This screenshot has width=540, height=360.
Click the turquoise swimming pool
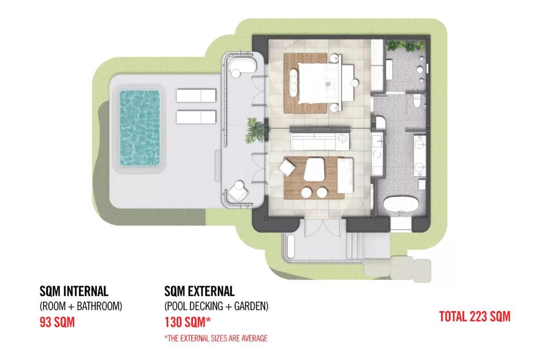139,128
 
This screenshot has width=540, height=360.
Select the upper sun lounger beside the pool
196,96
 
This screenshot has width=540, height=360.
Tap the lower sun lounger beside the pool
196,116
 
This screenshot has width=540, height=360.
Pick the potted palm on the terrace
255,130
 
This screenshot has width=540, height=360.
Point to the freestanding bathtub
399,204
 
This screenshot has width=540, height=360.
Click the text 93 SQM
57,322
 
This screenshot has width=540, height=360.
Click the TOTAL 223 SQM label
475,316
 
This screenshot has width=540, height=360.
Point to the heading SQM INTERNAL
74,291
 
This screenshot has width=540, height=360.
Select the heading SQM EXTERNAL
199,291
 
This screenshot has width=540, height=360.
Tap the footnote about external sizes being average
216,338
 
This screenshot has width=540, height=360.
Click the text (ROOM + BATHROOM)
81,306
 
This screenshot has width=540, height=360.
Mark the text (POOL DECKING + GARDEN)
216,306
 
